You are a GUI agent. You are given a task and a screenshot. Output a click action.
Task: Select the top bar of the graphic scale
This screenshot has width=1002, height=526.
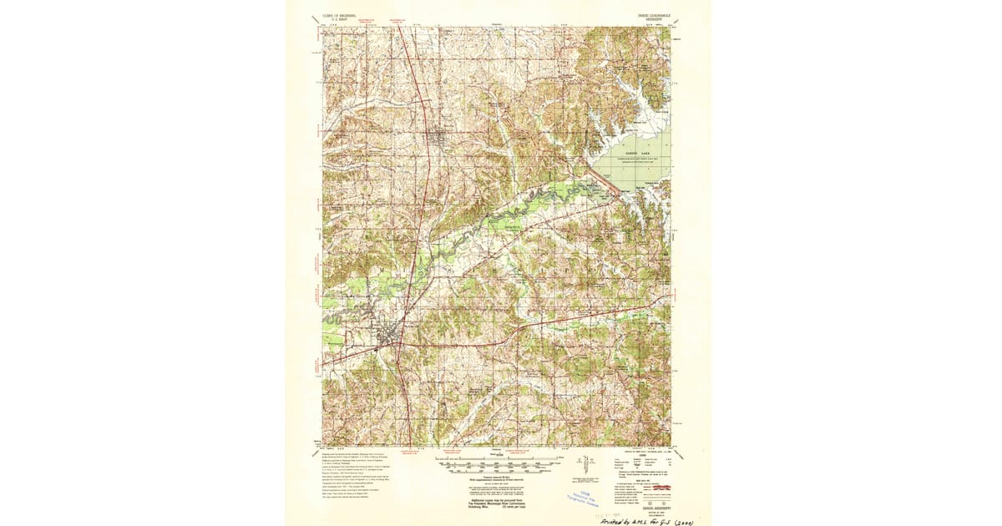pyautogui.click(x=500, y=458)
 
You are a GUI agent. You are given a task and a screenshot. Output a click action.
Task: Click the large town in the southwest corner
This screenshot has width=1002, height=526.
pyautogui.click(x=386, y=338)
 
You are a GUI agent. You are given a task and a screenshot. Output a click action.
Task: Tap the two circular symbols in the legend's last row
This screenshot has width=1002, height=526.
pyautogui.click(x=622, y=502)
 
